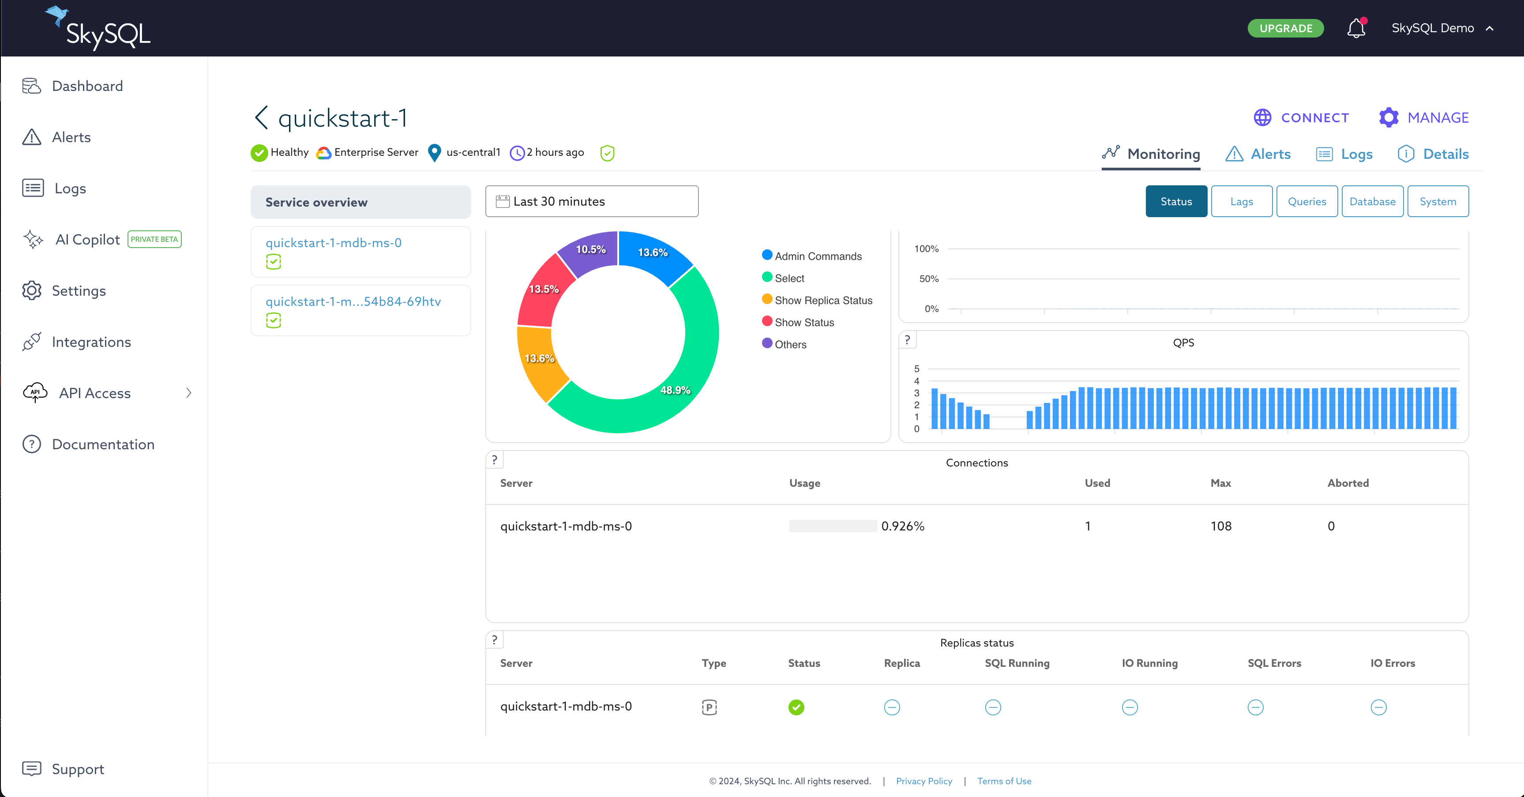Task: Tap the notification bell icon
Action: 1355,28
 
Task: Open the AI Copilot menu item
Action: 87,240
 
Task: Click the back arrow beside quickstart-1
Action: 261,118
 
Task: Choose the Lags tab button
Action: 1241,202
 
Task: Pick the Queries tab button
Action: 1306,202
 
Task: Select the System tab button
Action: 1437,202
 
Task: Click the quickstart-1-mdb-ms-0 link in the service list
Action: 333,243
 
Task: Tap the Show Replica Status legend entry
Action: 822,301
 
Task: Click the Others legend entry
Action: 790,344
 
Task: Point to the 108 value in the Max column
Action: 1220,526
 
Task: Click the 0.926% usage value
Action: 902,526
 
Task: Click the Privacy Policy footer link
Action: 923,781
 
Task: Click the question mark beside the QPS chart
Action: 907,340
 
